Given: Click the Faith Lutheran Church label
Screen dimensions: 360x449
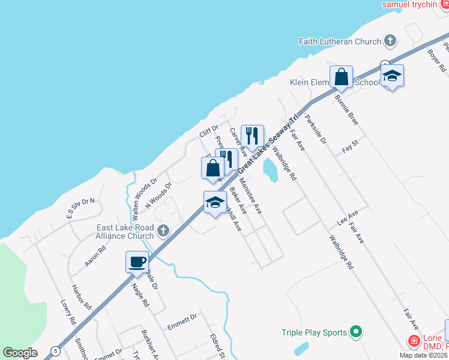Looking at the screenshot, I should [x=340, y=41].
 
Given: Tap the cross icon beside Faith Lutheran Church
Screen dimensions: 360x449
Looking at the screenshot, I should [x=390, y=41].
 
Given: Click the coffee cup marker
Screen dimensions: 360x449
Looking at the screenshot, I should [x=137, y=262].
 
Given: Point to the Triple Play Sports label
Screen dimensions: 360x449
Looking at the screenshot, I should [x=315, y=332].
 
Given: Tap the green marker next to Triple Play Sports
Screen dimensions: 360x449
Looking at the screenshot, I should [x=356, y=331].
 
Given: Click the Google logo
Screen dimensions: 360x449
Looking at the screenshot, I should [x=20, y=353].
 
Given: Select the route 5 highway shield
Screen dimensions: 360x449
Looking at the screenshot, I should [x=55, y=350].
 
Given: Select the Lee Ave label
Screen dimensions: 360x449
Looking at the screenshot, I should [x=348, y=217].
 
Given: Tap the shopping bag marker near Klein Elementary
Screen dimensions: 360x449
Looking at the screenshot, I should [x=341, y=77].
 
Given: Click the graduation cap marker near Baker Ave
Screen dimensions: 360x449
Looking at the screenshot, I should [x=214, y=202].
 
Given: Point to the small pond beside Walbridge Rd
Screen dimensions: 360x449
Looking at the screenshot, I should [x=271, y=170].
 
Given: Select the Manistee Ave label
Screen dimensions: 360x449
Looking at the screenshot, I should [x=250, y=196].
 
